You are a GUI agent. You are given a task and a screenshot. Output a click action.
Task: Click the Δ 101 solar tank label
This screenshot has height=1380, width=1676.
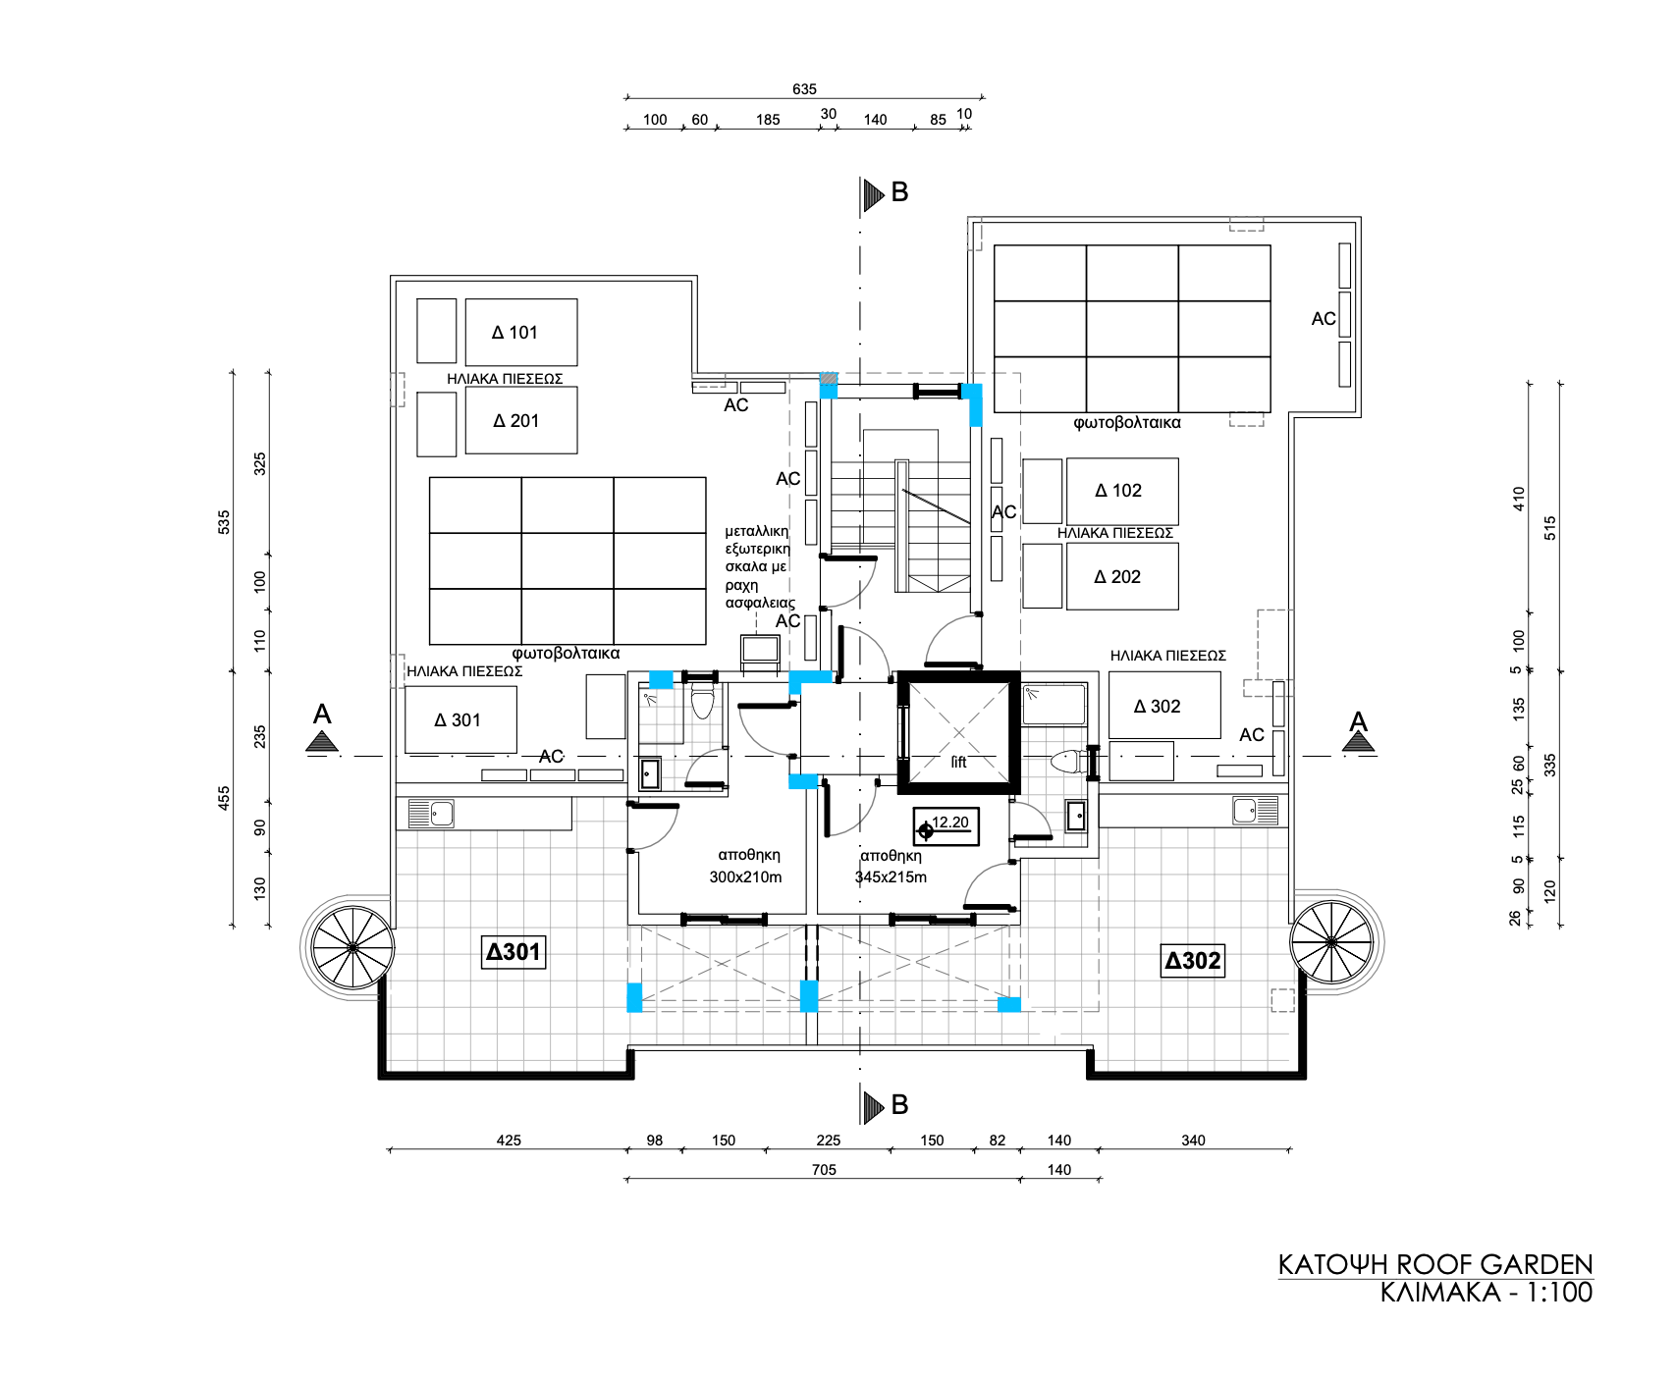(x=514, y=333)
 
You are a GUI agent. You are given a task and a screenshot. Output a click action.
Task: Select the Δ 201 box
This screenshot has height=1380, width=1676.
(x=521, y=420)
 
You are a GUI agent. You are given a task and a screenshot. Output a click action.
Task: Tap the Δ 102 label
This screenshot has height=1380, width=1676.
(x=1118, y=491)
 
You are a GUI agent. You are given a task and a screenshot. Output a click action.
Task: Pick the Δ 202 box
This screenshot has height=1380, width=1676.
(x=1122, y=577)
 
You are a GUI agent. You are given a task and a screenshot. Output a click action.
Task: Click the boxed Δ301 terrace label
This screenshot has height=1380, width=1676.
(x=514, y=951)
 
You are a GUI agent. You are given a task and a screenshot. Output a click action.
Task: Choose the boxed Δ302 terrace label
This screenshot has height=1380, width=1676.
(x=1193, y=961)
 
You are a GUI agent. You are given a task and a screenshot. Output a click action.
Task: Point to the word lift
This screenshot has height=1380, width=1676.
(x=958, y=762)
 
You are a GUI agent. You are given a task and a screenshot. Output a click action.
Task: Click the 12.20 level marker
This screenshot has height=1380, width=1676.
(x=946, y=826)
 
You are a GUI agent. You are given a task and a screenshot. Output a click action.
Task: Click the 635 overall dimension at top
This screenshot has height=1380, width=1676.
(x=804, y=89)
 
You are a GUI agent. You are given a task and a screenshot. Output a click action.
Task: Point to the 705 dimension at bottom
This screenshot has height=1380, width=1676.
(x=824, y=1169)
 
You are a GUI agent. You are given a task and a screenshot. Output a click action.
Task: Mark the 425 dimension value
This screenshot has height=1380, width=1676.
(x=509, y=1140)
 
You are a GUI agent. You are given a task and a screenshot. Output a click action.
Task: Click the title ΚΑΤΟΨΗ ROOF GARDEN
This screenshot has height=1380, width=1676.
(x=1435, y=1264)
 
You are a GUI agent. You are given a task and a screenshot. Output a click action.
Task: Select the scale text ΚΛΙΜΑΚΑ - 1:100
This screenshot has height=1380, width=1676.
(x=1487, y=1292)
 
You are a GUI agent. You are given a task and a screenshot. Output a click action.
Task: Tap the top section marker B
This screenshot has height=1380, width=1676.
(x=886, y=193)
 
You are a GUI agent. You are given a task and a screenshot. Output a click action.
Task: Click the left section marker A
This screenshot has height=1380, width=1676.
(x=322, y=727)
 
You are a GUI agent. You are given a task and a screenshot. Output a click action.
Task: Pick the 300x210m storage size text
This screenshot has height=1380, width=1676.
(x=745, y=876)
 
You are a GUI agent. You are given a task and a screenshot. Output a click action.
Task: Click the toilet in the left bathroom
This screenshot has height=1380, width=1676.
(x=701, y=703)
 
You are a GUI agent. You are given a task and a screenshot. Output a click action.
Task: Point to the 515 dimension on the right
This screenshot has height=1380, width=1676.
(x=1550, y=528)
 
